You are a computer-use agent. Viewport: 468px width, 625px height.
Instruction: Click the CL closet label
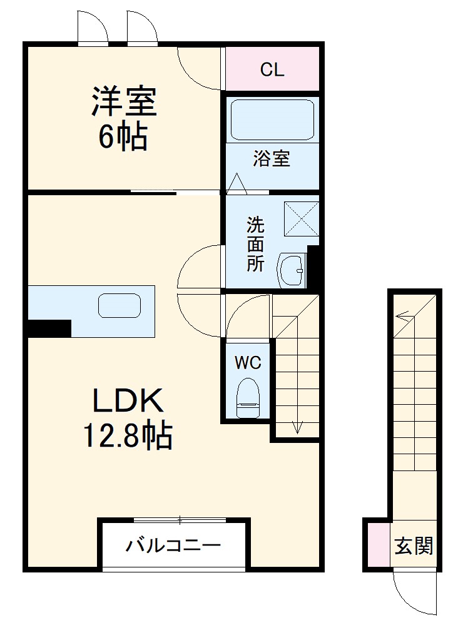pyautogui.click(x=272, y=70)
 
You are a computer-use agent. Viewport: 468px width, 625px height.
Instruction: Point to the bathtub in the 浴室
pyautogui.click(x=272, y=119)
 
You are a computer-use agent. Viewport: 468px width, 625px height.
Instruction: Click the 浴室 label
pyautogui.click(x=272, y=159)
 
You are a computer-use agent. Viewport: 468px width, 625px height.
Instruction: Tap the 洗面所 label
pyautogui.click(x=255, y=243)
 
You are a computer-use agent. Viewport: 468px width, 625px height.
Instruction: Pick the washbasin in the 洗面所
pyautogui.click(x=290, y=270)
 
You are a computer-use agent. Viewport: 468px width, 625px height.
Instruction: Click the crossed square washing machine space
pyautogui.click(x=302, y=218)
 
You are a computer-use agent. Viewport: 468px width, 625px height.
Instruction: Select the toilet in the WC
pyautogui.click(x=248, y=395)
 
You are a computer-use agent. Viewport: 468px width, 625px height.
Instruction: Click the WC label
pyautogui.click(x=248, y=362)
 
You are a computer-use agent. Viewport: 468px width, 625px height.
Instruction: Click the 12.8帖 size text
pyautogui.click(x=128, y=435)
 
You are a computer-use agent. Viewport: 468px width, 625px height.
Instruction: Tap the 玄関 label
pyautogui.click(x=414, y=546)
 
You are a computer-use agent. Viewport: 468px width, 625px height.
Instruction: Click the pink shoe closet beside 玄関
pyautogui.click(x=377, y=544)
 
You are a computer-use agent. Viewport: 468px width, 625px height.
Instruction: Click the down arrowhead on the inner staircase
pyautogui.click(x=297, y=429)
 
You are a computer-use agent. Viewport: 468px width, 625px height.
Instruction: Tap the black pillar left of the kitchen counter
pyautogui.click(x=49, y=328)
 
